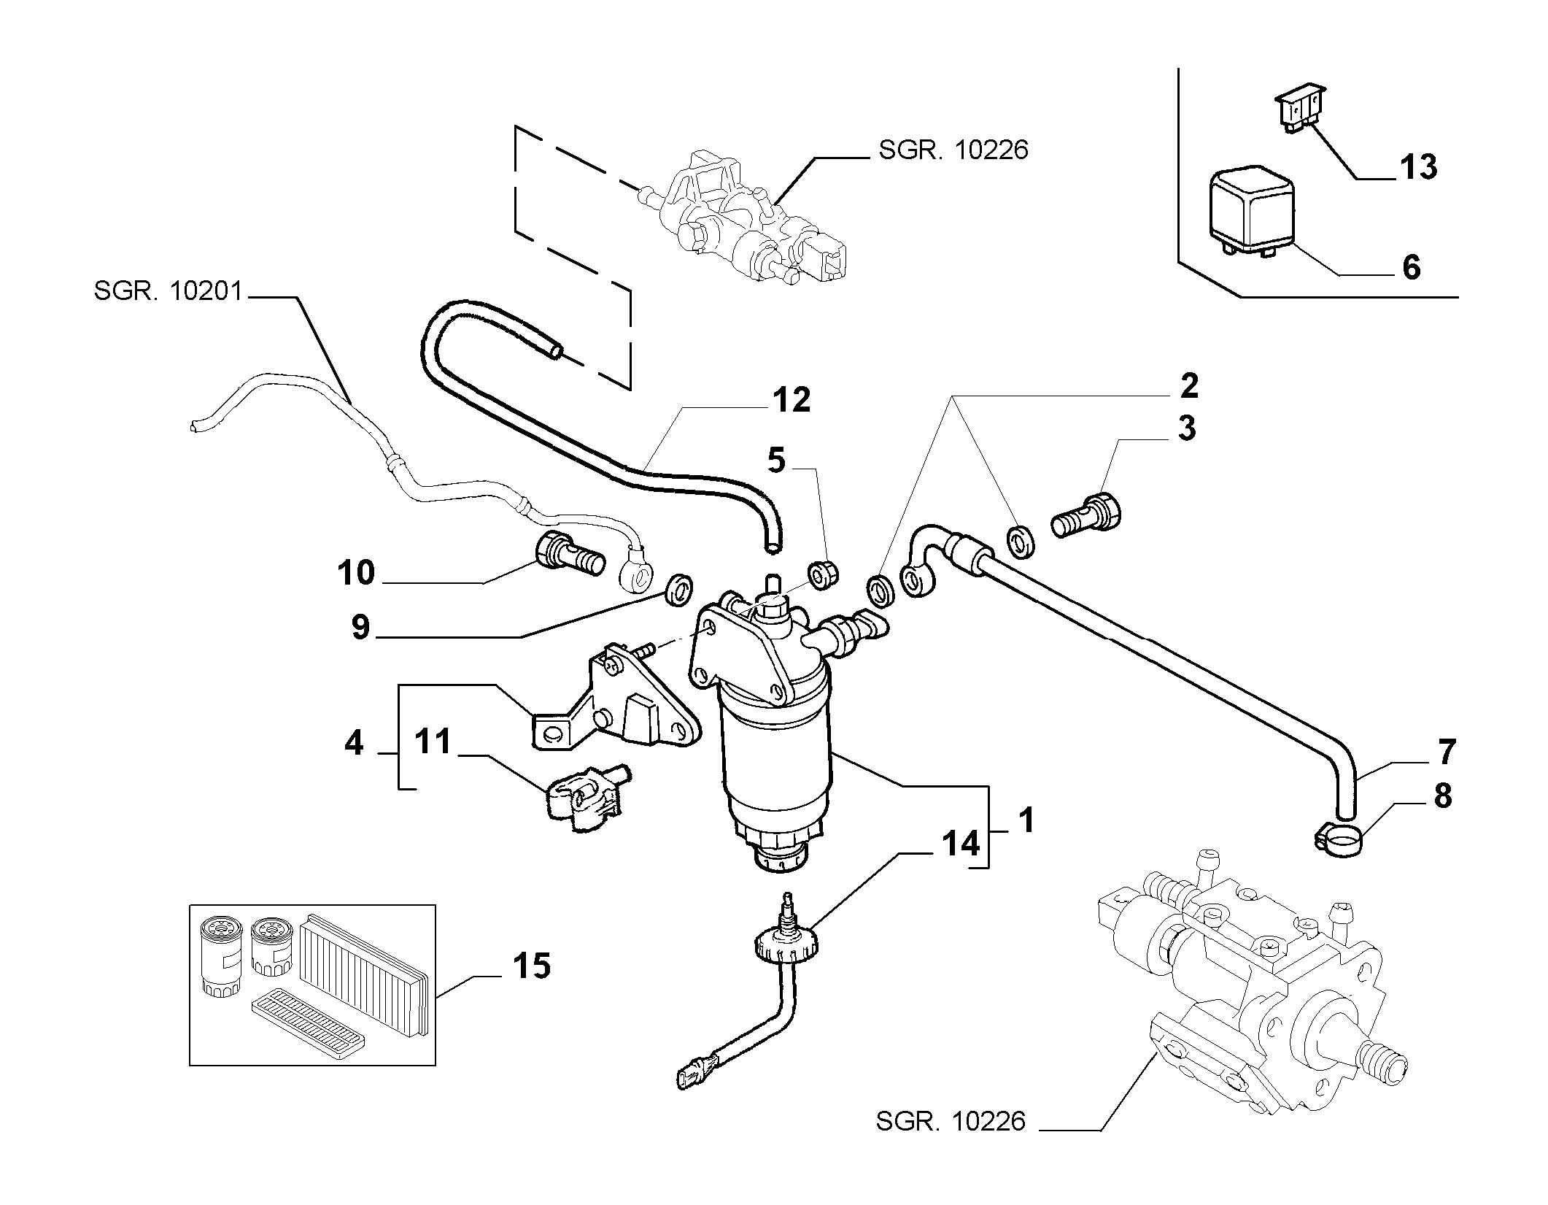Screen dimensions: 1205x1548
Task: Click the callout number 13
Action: (x=1417, y=167)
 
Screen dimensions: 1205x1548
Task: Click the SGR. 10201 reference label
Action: (x=167, y=292)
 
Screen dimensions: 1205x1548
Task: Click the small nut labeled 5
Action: (x=822, y=575)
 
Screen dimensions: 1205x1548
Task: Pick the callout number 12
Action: (x=792, y=400)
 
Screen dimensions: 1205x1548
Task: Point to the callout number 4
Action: (x=354, y=743)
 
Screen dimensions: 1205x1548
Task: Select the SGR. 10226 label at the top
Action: (x=953, y=150)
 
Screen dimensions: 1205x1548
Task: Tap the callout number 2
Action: (x=1188, y=386)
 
